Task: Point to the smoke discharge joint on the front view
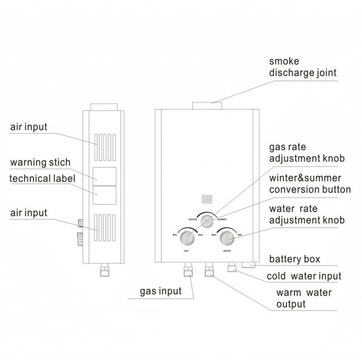[208, 105]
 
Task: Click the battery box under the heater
[249, 264]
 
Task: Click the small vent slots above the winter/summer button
[207, 199]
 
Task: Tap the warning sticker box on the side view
[104, 176]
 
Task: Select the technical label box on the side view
[104, 195]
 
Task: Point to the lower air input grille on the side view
[105, 227]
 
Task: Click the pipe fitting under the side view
[104, 270]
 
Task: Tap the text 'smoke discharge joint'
[303, 67]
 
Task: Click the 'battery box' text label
[294, 259]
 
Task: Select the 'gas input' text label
[160, 291]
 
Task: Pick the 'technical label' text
[42, 178]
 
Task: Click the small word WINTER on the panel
[193, 219]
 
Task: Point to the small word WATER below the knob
[227, 251]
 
